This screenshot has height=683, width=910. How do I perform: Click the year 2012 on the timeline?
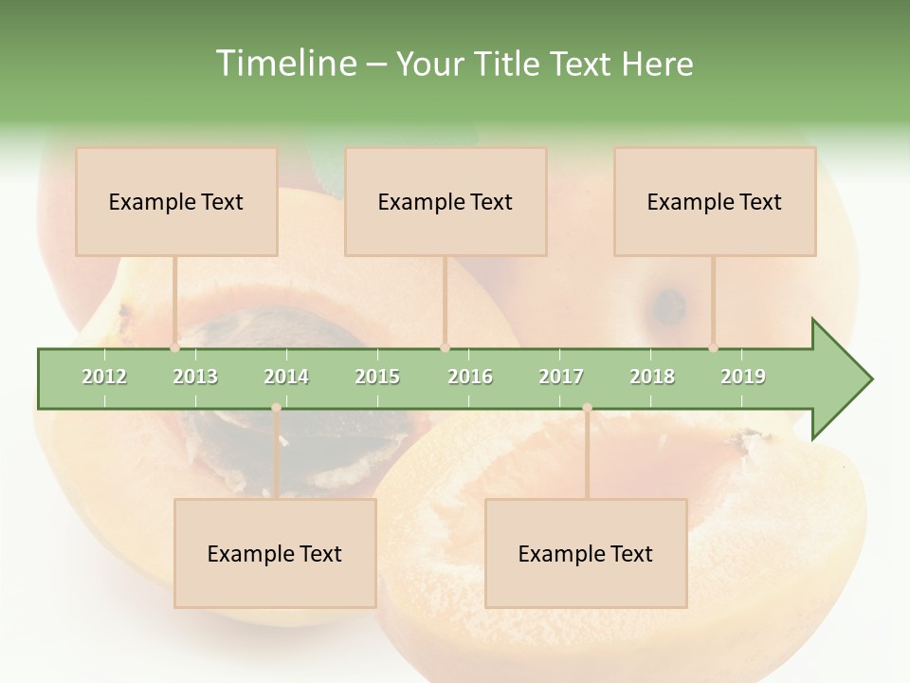tap(104, 377)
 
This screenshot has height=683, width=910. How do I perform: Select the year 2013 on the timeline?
tap(195, 377)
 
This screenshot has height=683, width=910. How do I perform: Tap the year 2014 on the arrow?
tap(286, 377)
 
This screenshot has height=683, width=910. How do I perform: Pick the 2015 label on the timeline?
tap(377, 377)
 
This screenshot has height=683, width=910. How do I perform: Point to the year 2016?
tap(470, 377)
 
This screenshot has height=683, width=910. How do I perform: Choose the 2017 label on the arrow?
tap(561, 377)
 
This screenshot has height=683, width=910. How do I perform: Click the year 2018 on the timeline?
tap(652, 377)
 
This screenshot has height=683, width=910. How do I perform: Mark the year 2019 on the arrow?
tap(743, 377)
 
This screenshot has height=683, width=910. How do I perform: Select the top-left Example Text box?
tap(176, 202)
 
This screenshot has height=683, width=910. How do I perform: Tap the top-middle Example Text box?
tap(446, 202)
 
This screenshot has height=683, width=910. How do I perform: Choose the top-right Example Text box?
tap(715, 202)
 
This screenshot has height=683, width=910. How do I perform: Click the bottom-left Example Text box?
tap(275, 554)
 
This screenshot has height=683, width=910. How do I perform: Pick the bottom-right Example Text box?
tap(586, 554)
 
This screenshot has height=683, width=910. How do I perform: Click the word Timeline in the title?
tap(283, 64)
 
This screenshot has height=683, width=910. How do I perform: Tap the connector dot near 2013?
tap(175, 347)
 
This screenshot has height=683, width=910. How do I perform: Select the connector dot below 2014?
tap(276, 408)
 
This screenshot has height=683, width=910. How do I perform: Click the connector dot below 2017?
tap(587, 408)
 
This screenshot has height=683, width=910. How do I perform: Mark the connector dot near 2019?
tap(713, 347)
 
